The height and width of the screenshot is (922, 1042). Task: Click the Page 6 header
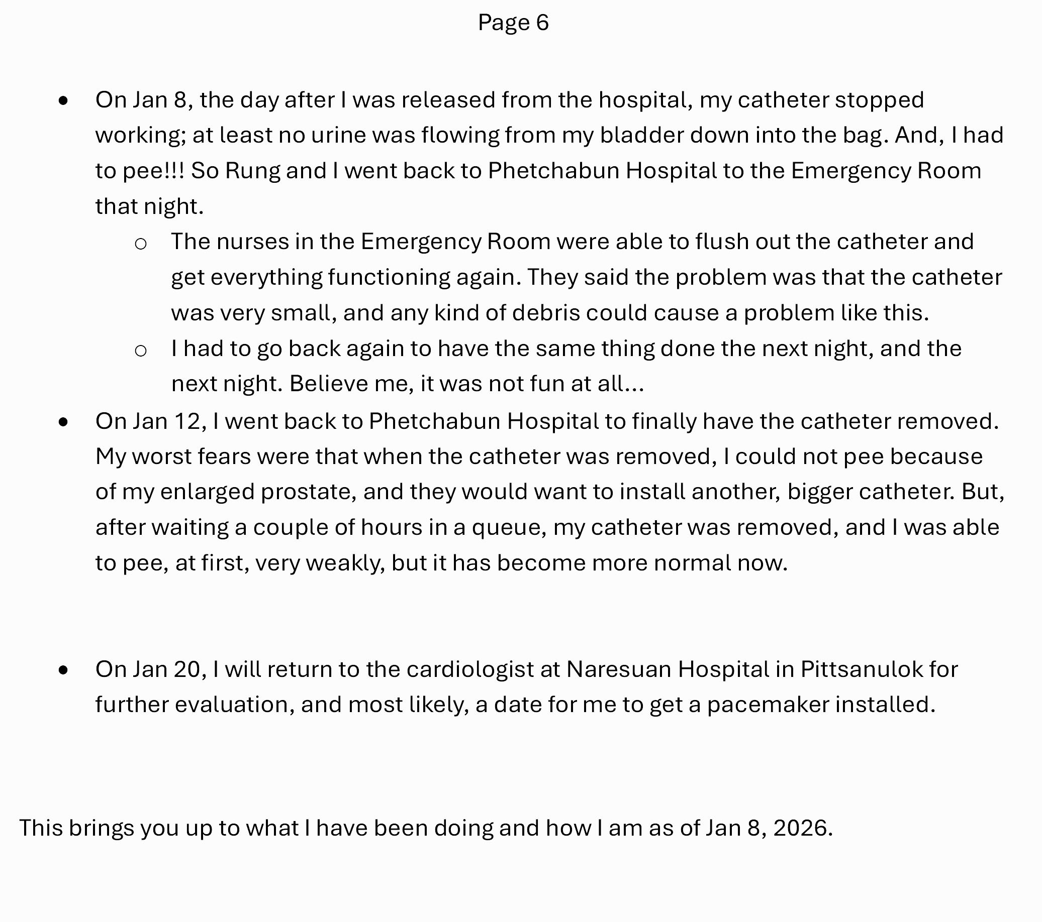[x=513, y=23]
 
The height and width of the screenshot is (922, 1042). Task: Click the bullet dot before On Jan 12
[x=63, y=422]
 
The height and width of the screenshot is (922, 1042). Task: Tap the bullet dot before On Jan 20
[x=63, y=670]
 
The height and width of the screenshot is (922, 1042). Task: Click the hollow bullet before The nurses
[x=141, y=244]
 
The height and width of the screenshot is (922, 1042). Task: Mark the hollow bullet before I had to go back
[x=141, y=351]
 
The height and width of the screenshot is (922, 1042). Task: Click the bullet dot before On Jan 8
[x=63, y=101]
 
